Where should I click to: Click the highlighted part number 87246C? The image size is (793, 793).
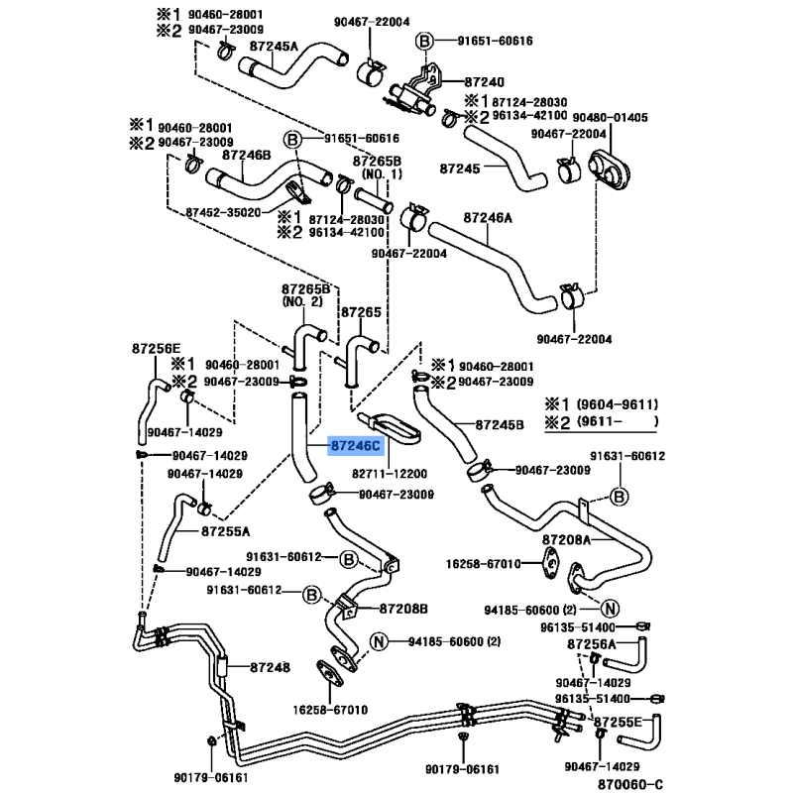click(x=355, y=448)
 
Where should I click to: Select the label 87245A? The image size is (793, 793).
click(x=274, y=47)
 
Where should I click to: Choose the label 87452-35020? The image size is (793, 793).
click(x=223, y=212)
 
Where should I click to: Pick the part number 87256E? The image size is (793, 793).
click(x=157, y=348)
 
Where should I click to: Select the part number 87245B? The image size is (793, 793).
click(x=499, y=424)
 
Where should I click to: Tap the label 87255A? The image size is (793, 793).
click(x=226, y=531)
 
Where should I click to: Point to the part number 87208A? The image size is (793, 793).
click(x=566, y=540)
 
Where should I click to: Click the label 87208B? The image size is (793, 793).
click(x=403, y=607)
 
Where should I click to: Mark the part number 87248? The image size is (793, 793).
click(x=270, y=667)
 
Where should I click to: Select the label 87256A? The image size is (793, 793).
click(x=592, y=644)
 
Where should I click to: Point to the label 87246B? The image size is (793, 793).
click(x=247, y=155)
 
